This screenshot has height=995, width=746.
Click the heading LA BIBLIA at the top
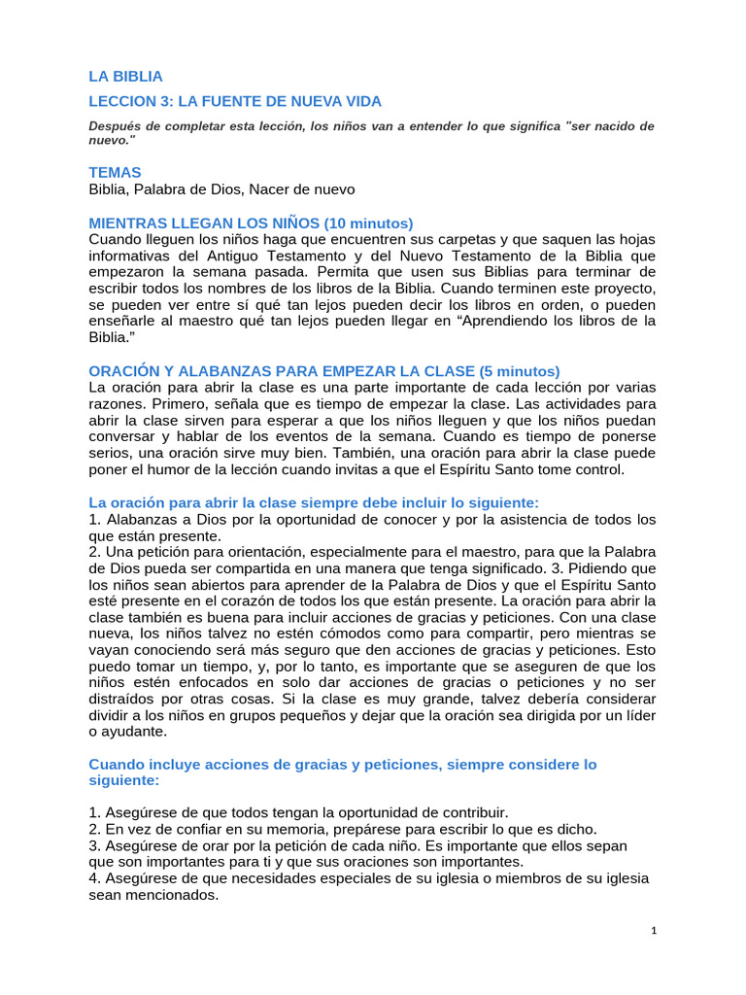pos(125,76)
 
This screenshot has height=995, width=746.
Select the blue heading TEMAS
pos(115,171)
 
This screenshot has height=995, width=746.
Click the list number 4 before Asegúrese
pos(93,878)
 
